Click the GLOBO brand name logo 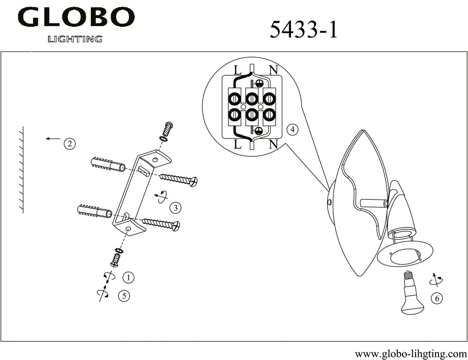pos(76,17)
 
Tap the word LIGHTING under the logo pos(75,39)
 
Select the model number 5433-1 pos(304,30)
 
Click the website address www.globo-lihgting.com pos(411,354)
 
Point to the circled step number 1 pos(128,277)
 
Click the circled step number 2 pos(70,144)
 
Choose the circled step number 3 pos(175,207)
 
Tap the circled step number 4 pos(292,130)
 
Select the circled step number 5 pos(124,295)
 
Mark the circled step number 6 pos(437,298)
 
